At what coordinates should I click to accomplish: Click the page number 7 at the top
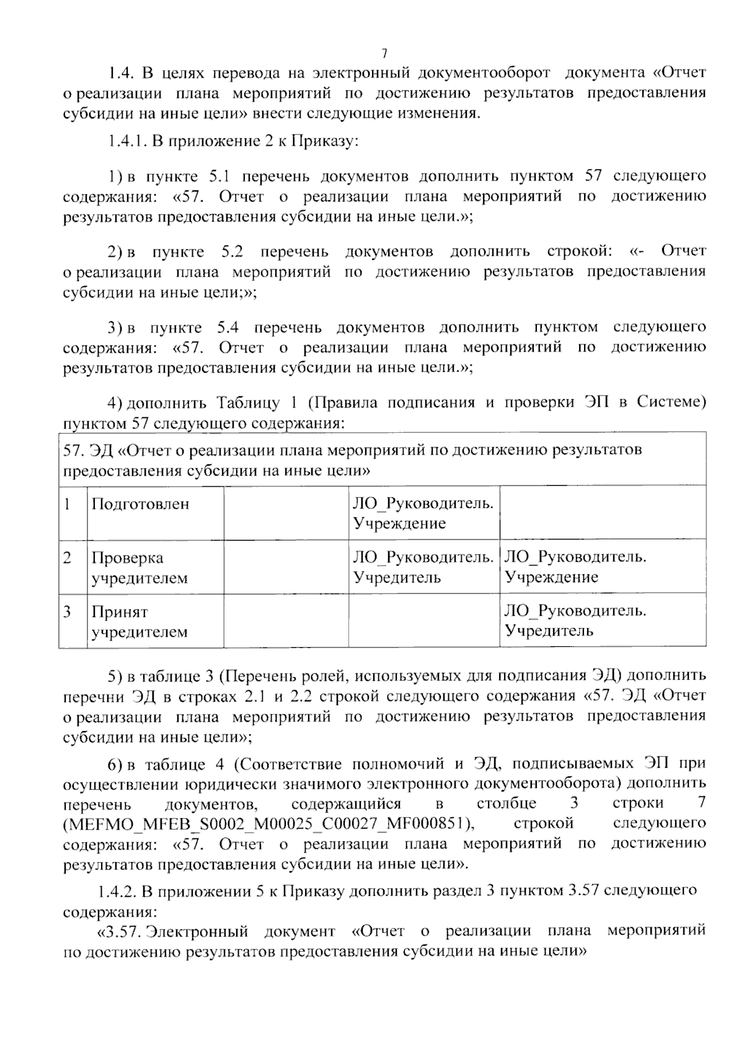coord(384,53)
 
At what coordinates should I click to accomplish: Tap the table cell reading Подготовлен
coord(140,504)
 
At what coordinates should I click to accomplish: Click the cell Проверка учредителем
coord(139,567)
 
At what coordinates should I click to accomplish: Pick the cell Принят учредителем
coord(139,621)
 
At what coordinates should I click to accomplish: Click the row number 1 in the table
coord(67,504)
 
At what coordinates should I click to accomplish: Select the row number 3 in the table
coord(67,612)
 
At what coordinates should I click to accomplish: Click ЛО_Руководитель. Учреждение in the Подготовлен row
coord(423,513)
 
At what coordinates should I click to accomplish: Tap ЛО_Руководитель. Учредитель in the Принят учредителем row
coord(575,621)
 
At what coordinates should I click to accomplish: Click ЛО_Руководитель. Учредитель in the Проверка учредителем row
coord(423,567)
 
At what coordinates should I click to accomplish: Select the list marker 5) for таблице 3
coord(115,675)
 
